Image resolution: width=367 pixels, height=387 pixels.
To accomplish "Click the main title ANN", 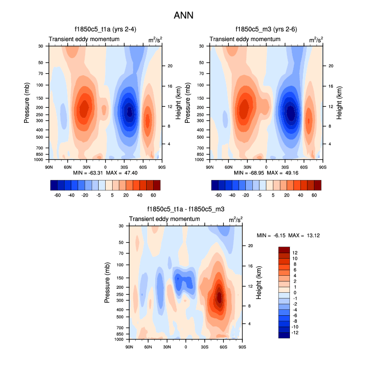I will click(x=183, y=16).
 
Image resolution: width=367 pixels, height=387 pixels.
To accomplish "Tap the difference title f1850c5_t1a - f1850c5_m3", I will click(x=185, y=210).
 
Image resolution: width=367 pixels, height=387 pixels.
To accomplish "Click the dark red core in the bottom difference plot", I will click(x=219, y=297).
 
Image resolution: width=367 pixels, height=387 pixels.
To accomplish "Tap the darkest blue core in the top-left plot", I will click(x=129, y=111).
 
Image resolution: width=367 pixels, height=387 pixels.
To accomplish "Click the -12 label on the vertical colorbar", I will click(x=295, y=332).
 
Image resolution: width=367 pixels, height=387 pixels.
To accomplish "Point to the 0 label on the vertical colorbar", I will click(x=294, y=292).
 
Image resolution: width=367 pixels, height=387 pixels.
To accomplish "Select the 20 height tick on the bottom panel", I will click(x=250, y=246).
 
